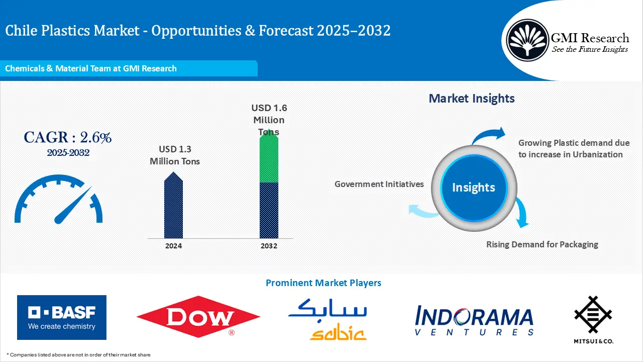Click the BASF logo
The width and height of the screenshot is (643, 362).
tap(62, 317)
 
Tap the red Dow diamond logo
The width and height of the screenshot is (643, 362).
tap(198, 317)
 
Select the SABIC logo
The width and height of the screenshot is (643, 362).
tap(328, 319)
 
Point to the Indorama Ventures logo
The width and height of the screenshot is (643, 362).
tap(474, 320)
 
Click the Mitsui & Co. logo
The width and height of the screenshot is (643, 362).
tap(593, 319)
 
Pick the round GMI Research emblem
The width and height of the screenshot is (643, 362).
tap(527, 40)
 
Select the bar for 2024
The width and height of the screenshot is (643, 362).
tap(173, 205)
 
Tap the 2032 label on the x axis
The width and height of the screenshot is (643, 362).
tap(269, 246)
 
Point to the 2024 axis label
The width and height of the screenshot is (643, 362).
tap(173, 246)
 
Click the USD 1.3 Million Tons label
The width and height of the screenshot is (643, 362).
tap(175, 155)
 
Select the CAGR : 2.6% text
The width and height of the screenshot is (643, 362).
tap(67, 137)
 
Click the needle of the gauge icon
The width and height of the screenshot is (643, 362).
tap(73, 205)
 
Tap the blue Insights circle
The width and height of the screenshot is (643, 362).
tap(474, 188)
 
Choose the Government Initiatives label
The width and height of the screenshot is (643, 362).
tap(379, 184)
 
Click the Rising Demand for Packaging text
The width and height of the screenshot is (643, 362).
tap(542, 244)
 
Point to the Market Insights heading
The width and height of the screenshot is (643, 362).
tap(472, 99)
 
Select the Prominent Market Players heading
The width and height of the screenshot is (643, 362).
tap(324, 283)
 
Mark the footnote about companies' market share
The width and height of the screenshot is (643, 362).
tap(78, 355)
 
